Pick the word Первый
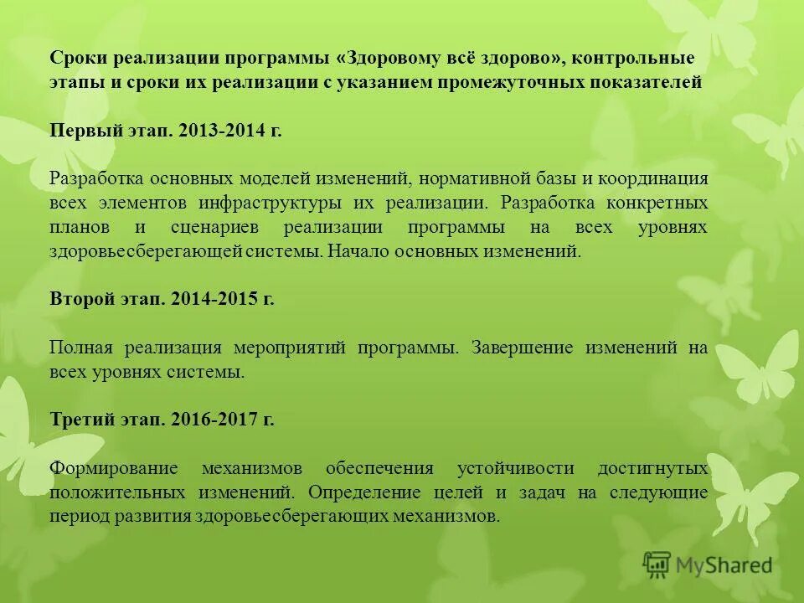click(x=82, y=131)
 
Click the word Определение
click(x=364, y=492)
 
